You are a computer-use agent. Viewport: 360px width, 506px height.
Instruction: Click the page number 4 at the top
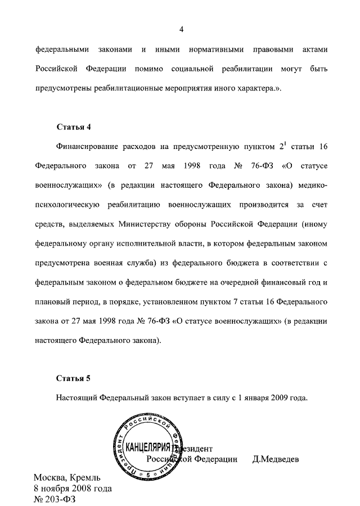pyautogui.click(x=182, y=29)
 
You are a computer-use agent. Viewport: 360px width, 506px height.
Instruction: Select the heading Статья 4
pyautogui.click(x=73, y=125)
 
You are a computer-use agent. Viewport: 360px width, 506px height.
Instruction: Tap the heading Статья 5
pyautogui.click(x=73, y=377)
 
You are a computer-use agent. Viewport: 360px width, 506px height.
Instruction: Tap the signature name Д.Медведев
pyautogui.click(x=276, y=459)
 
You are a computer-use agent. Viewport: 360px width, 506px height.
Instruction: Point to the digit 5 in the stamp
pyautogui.click(x=148, y=475)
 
